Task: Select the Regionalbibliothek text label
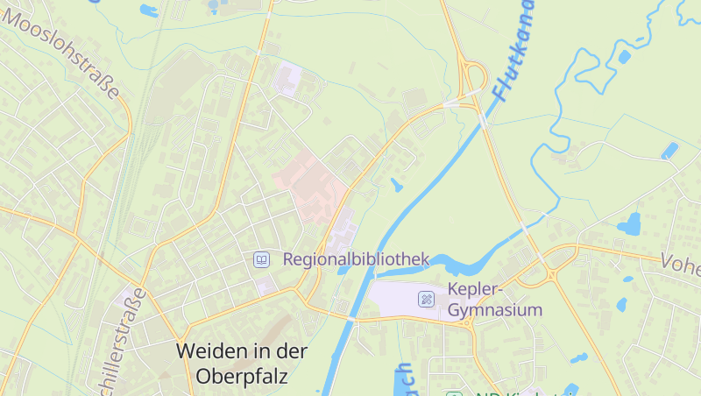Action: pos(356,259)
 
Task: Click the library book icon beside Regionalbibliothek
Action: pos(261,259)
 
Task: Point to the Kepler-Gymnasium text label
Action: pos(494,299)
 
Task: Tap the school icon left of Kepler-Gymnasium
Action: pos(426,299)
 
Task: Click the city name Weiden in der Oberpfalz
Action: pos(242,364)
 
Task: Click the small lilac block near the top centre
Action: pos(287,78)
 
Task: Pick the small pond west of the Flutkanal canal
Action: pos(397,185)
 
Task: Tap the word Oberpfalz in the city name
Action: pos(242,377)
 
